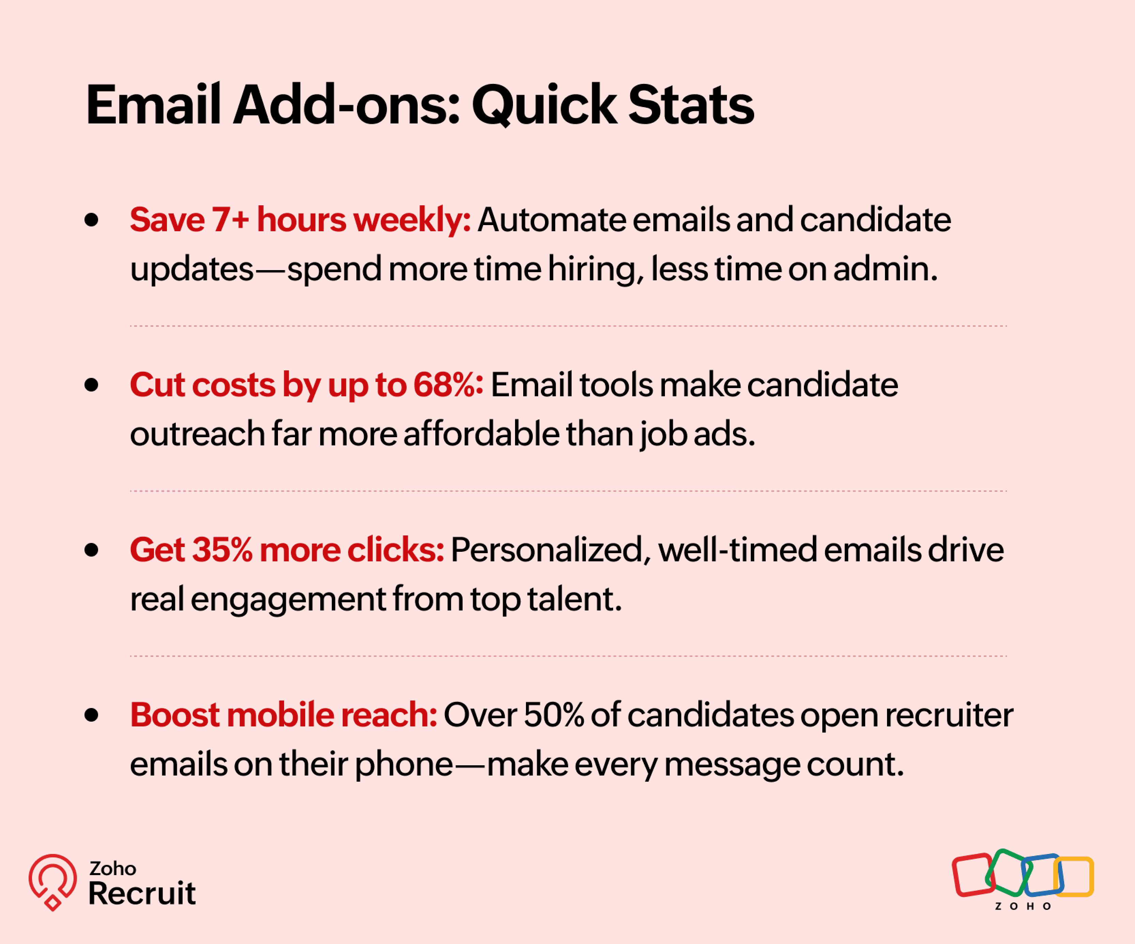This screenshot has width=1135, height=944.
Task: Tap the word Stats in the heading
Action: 691,105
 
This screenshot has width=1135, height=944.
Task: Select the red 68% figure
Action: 448,385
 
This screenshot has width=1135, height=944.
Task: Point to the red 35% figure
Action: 222,550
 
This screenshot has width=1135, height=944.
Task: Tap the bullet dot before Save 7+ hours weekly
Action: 91,220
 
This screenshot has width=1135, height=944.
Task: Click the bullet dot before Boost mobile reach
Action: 91,714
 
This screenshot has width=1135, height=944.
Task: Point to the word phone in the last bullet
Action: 404,765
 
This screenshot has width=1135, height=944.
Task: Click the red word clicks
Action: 395,550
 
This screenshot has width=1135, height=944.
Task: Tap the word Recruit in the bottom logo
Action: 142,893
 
